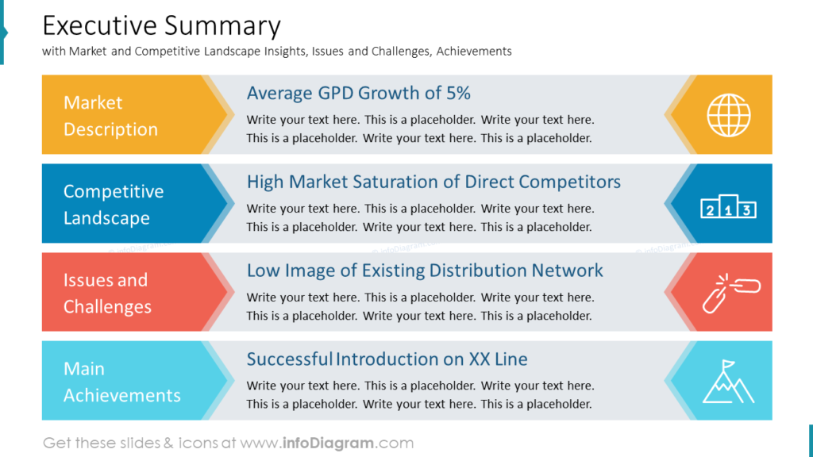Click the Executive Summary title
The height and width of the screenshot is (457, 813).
pyautogui.click(x=161, y=26)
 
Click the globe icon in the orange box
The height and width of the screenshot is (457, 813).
pyautogui.click(x=728, y=115)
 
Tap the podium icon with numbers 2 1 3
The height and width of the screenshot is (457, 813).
pyautogui.click(x=728, y=209)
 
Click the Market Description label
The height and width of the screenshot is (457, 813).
pyautogui.click(x=110, y=116)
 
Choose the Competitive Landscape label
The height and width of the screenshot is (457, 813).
pyautogui.click(x=114, y=205)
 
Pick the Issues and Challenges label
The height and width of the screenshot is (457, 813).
pyautogui.click(x=107, y=294)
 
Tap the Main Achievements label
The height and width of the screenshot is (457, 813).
pyautogui.click(x=121, y=382)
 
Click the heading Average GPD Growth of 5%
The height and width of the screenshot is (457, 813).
pyautogui.click(x=358, y=93)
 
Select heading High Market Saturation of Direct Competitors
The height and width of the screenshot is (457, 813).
pyautogui.click(x=433, y=182)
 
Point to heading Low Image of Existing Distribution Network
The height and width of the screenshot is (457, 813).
pyautogui.click(x=425, y=271)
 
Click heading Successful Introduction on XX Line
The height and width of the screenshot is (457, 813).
pyautogui.click(x=387, y=359)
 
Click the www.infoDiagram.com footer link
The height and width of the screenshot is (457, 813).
pyautogui.click(x=327, y=443)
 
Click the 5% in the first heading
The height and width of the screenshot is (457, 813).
pyautogui.click(x=458, y=93)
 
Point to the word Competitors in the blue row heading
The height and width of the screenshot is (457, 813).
pyautogui.click(x=572, y=182)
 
